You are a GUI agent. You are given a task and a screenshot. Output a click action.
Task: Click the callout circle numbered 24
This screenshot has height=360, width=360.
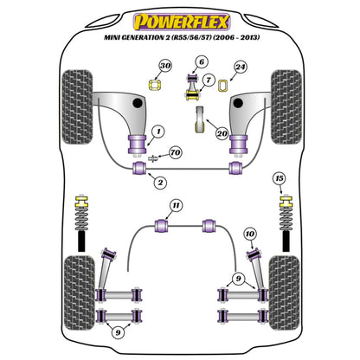[x=240, y=67]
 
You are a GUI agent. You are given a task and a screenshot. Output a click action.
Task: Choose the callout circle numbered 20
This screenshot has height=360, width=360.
[x=222, y=133]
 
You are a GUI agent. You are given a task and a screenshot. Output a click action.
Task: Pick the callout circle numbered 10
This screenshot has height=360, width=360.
[x=249, y=234]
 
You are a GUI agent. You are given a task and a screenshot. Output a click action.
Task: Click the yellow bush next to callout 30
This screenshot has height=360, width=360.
[x=157, y=84]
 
